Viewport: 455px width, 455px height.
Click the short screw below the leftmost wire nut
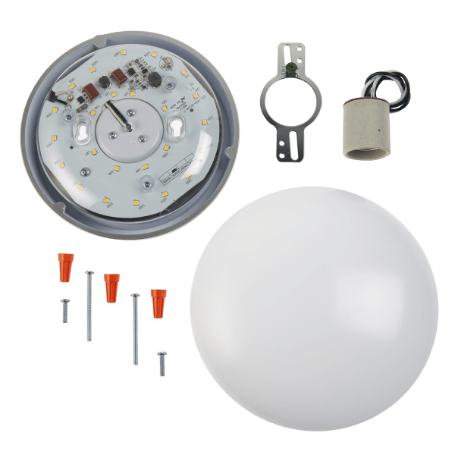pos(64,311)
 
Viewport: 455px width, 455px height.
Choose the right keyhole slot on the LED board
pos(181,126)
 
